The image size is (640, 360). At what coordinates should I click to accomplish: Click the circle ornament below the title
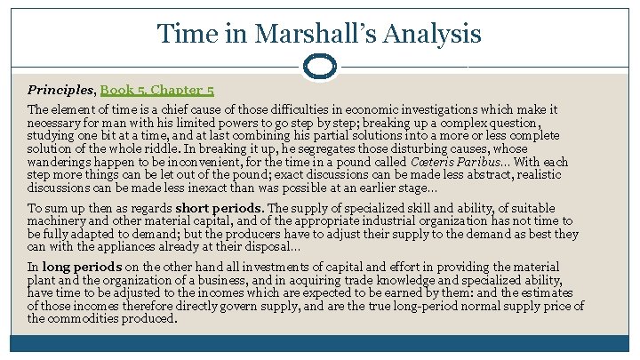(x=319, y=67)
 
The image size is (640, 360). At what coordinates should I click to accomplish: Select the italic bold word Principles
(x=61, y=90)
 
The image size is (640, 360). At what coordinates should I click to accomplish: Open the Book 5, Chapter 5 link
(x=156, y=90)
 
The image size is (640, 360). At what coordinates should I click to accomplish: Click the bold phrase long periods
(x=81, y=267)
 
